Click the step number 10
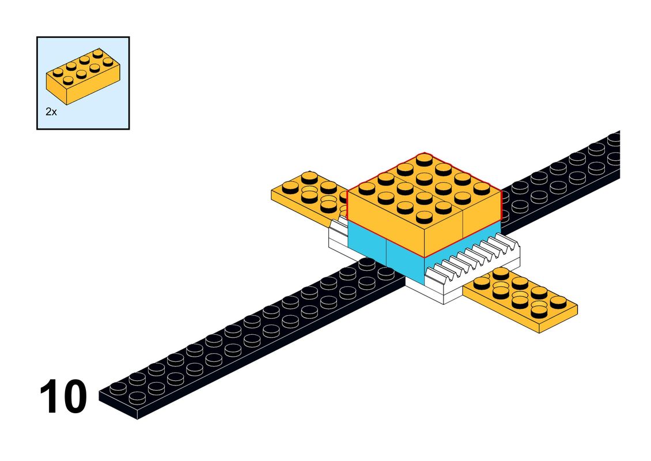tap(63, 396)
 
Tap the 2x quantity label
tap(51, 112)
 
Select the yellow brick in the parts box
tap(83, 76)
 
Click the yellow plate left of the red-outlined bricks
tap(309, 198)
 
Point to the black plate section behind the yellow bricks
tap(561, 179)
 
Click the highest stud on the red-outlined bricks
tap(424, 160)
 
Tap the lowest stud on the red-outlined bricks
tap(424, 217)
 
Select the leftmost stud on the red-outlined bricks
tap(366, 188)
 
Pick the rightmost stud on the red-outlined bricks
tap(482, 188)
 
